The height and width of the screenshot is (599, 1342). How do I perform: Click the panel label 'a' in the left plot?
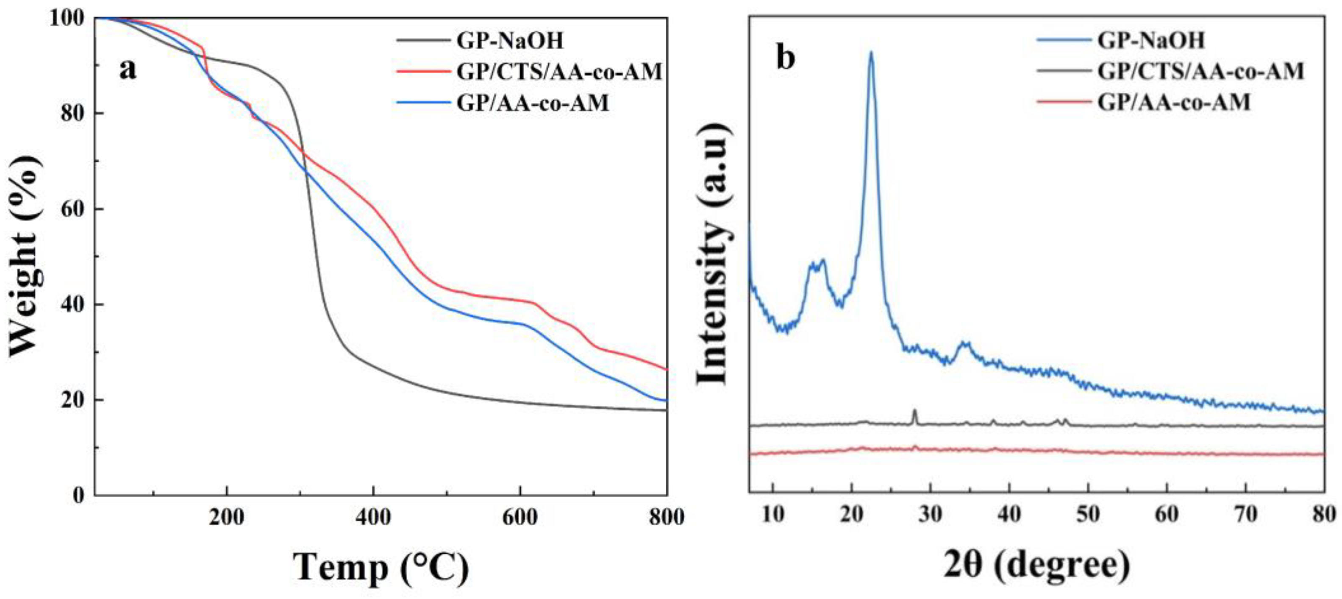pos(128,70)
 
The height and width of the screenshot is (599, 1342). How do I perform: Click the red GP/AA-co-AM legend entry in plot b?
pos(1174,102)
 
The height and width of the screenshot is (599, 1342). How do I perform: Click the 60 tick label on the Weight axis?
pos(73,209)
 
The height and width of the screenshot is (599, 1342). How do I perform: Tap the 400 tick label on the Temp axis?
pos(373,518)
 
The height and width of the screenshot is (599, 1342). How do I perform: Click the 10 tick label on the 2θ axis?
pos(772,515)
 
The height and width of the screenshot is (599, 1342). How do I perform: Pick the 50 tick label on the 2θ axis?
pos(1088,515)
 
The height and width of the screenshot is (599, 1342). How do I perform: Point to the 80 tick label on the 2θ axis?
pos(1324,515)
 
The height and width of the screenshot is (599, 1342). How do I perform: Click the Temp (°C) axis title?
pos(381,567)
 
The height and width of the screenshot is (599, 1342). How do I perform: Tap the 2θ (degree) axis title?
pos(1037,565)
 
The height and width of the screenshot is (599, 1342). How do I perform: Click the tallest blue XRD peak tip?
pos(870,52)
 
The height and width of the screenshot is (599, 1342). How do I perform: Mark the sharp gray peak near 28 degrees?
pos(914,410)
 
